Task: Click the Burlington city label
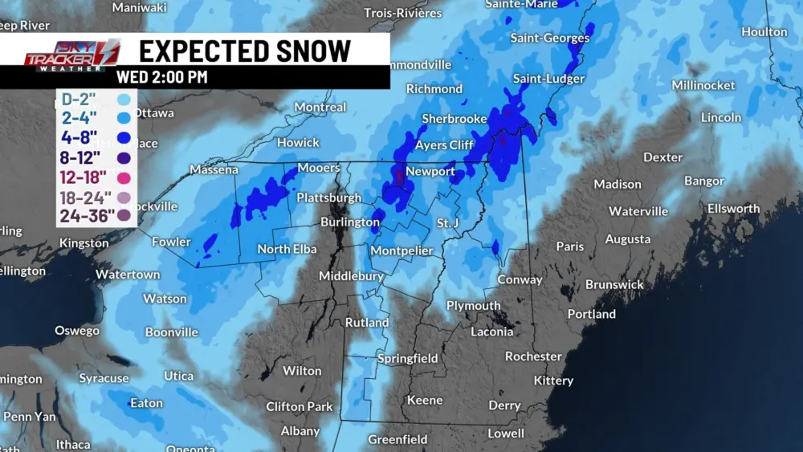point(350,222)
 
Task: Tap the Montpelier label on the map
point(401,251)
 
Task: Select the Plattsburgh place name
point(329,197)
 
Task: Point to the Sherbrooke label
point(454,119)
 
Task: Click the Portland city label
point(592,314)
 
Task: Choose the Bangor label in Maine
point(704,181)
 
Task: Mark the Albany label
point(300,431)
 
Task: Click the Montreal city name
point(320,107)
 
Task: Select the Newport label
point(430,171)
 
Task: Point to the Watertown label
point(128,275)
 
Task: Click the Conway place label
point(520,279)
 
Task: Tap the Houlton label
point(764,32)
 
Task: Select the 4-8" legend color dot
point(124,138)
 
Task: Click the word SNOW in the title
point(304,51)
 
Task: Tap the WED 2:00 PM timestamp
point(161,77)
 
